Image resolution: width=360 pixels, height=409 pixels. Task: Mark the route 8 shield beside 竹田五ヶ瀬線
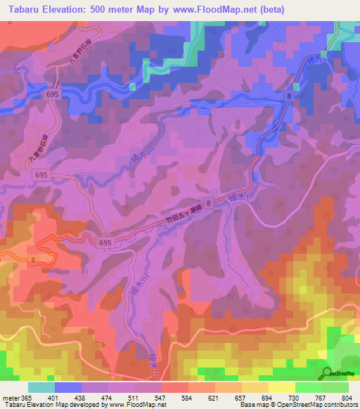208,221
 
